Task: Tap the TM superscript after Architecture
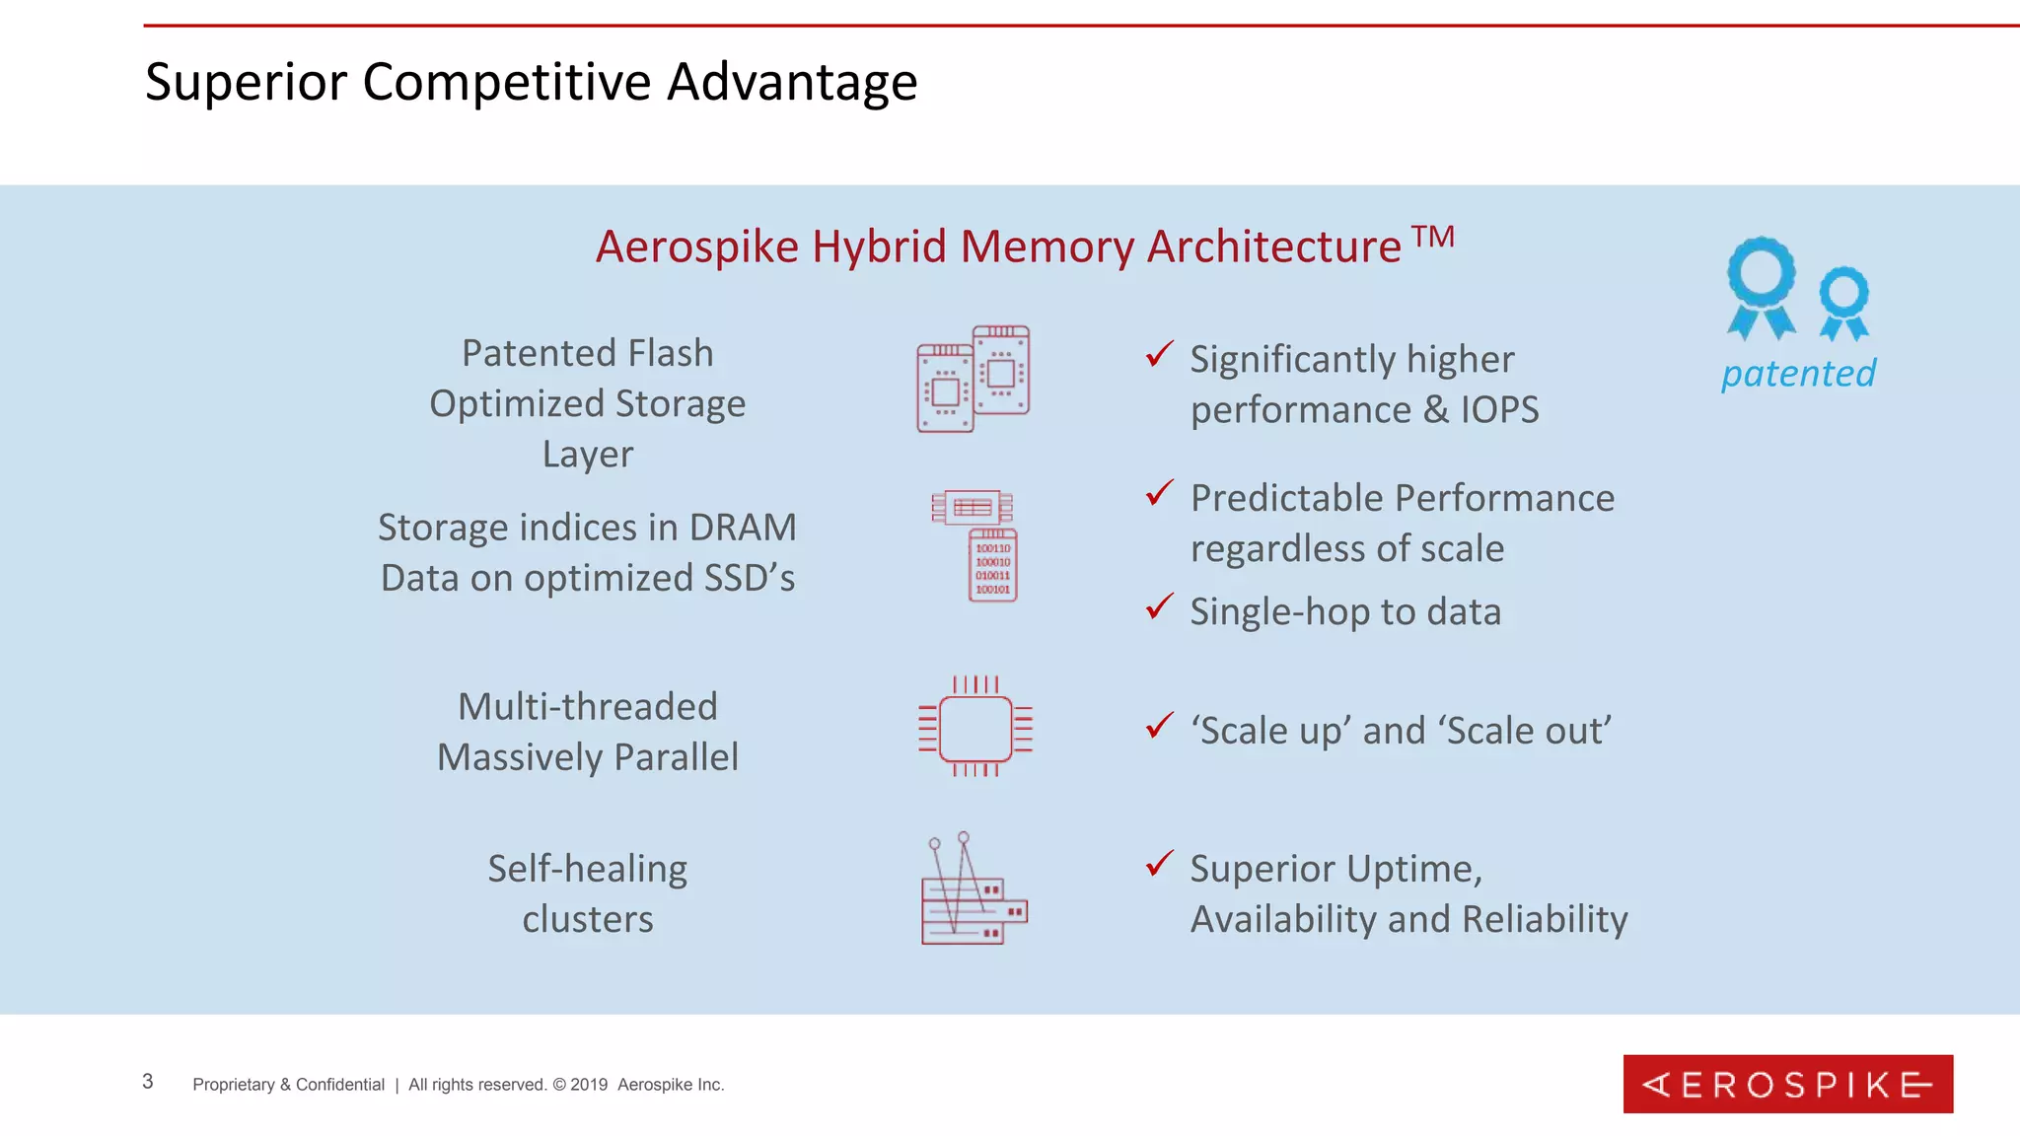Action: point(1432,238)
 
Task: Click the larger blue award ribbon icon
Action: point(1762,286)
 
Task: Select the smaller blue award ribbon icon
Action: point(1843,303)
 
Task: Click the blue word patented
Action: point(1798,374)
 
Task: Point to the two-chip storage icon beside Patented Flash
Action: point(974,379)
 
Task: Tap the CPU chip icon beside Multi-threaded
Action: point(975,728)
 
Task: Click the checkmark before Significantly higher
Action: point(1159,354)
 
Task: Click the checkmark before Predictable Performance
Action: point(1159,493)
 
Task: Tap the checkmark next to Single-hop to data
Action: point(1159,606)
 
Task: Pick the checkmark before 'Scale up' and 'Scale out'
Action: point(1159,726)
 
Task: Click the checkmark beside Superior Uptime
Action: point(1159,864)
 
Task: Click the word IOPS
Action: point(1499,410)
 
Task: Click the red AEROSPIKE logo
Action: point(1787,1084)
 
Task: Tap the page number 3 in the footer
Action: point(148,1082)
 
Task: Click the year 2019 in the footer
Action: point(589,1085)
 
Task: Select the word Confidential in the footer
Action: point(340,1085)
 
